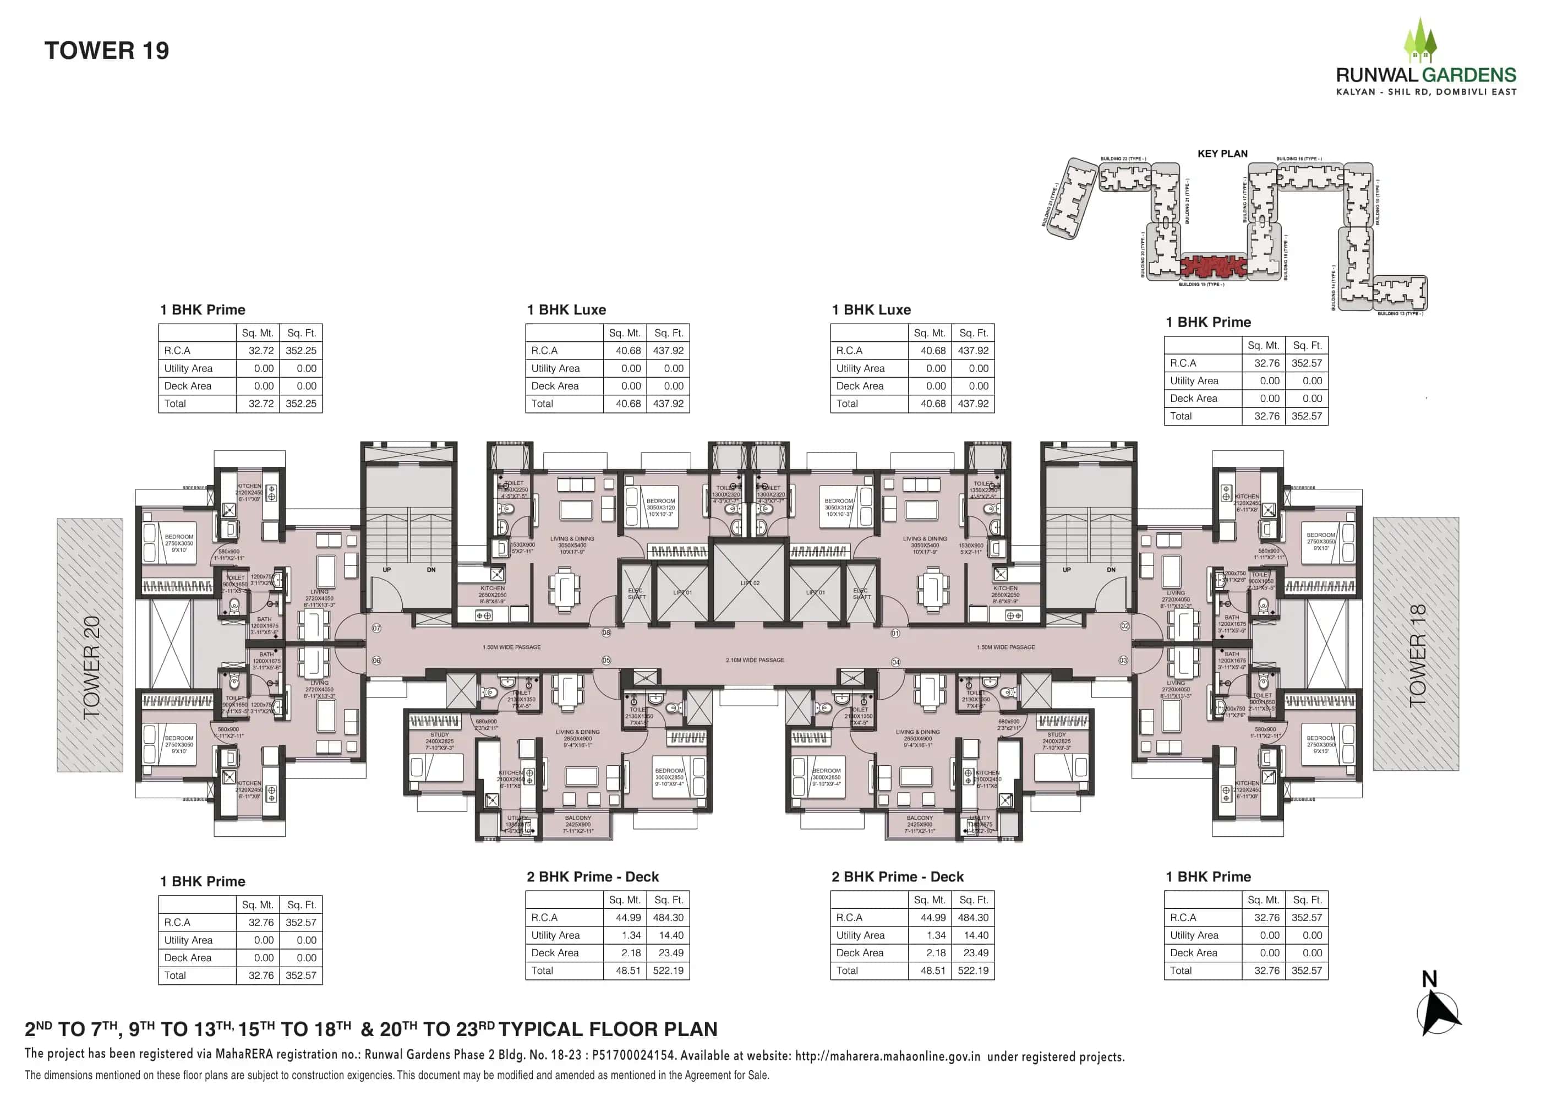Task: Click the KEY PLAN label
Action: point(1222,153)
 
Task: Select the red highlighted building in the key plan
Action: point(1212,266)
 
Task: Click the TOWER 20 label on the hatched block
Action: point(91,667)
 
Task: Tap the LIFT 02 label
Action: point(750,583)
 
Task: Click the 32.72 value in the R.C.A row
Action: point(261,351)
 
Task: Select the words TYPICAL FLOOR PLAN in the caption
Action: point(608,1029)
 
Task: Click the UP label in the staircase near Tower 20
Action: point(386,569)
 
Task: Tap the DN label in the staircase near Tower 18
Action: point(1111,569)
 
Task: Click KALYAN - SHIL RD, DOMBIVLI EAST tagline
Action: point(1426,91)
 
